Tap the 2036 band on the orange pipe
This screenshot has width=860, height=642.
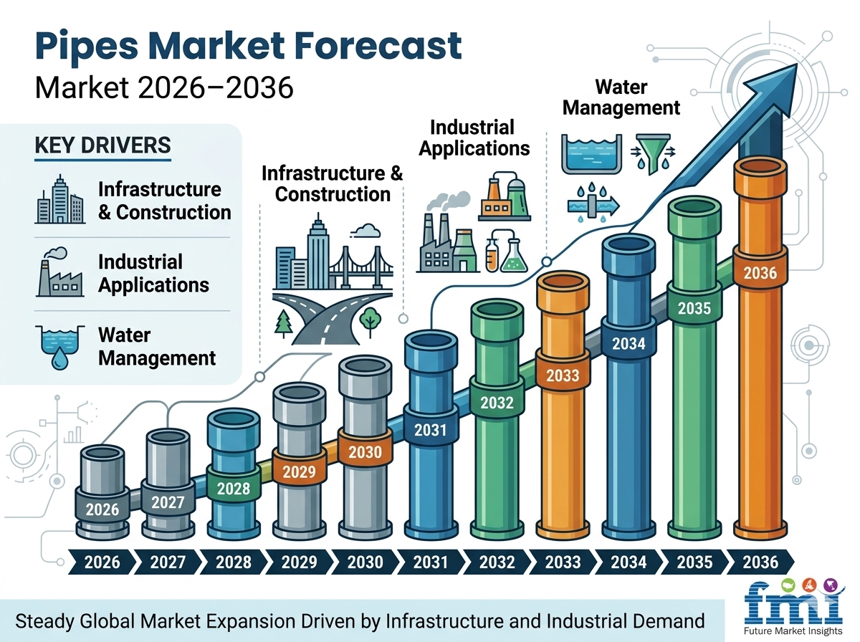(760, 272)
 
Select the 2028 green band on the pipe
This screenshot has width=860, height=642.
(232, 489)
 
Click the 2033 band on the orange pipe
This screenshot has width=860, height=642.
(563, 375)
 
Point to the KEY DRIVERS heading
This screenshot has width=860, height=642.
(102, 145)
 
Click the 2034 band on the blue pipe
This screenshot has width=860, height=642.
(629, 343)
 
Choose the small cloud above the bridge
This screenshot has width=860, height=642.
(365, 231)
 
